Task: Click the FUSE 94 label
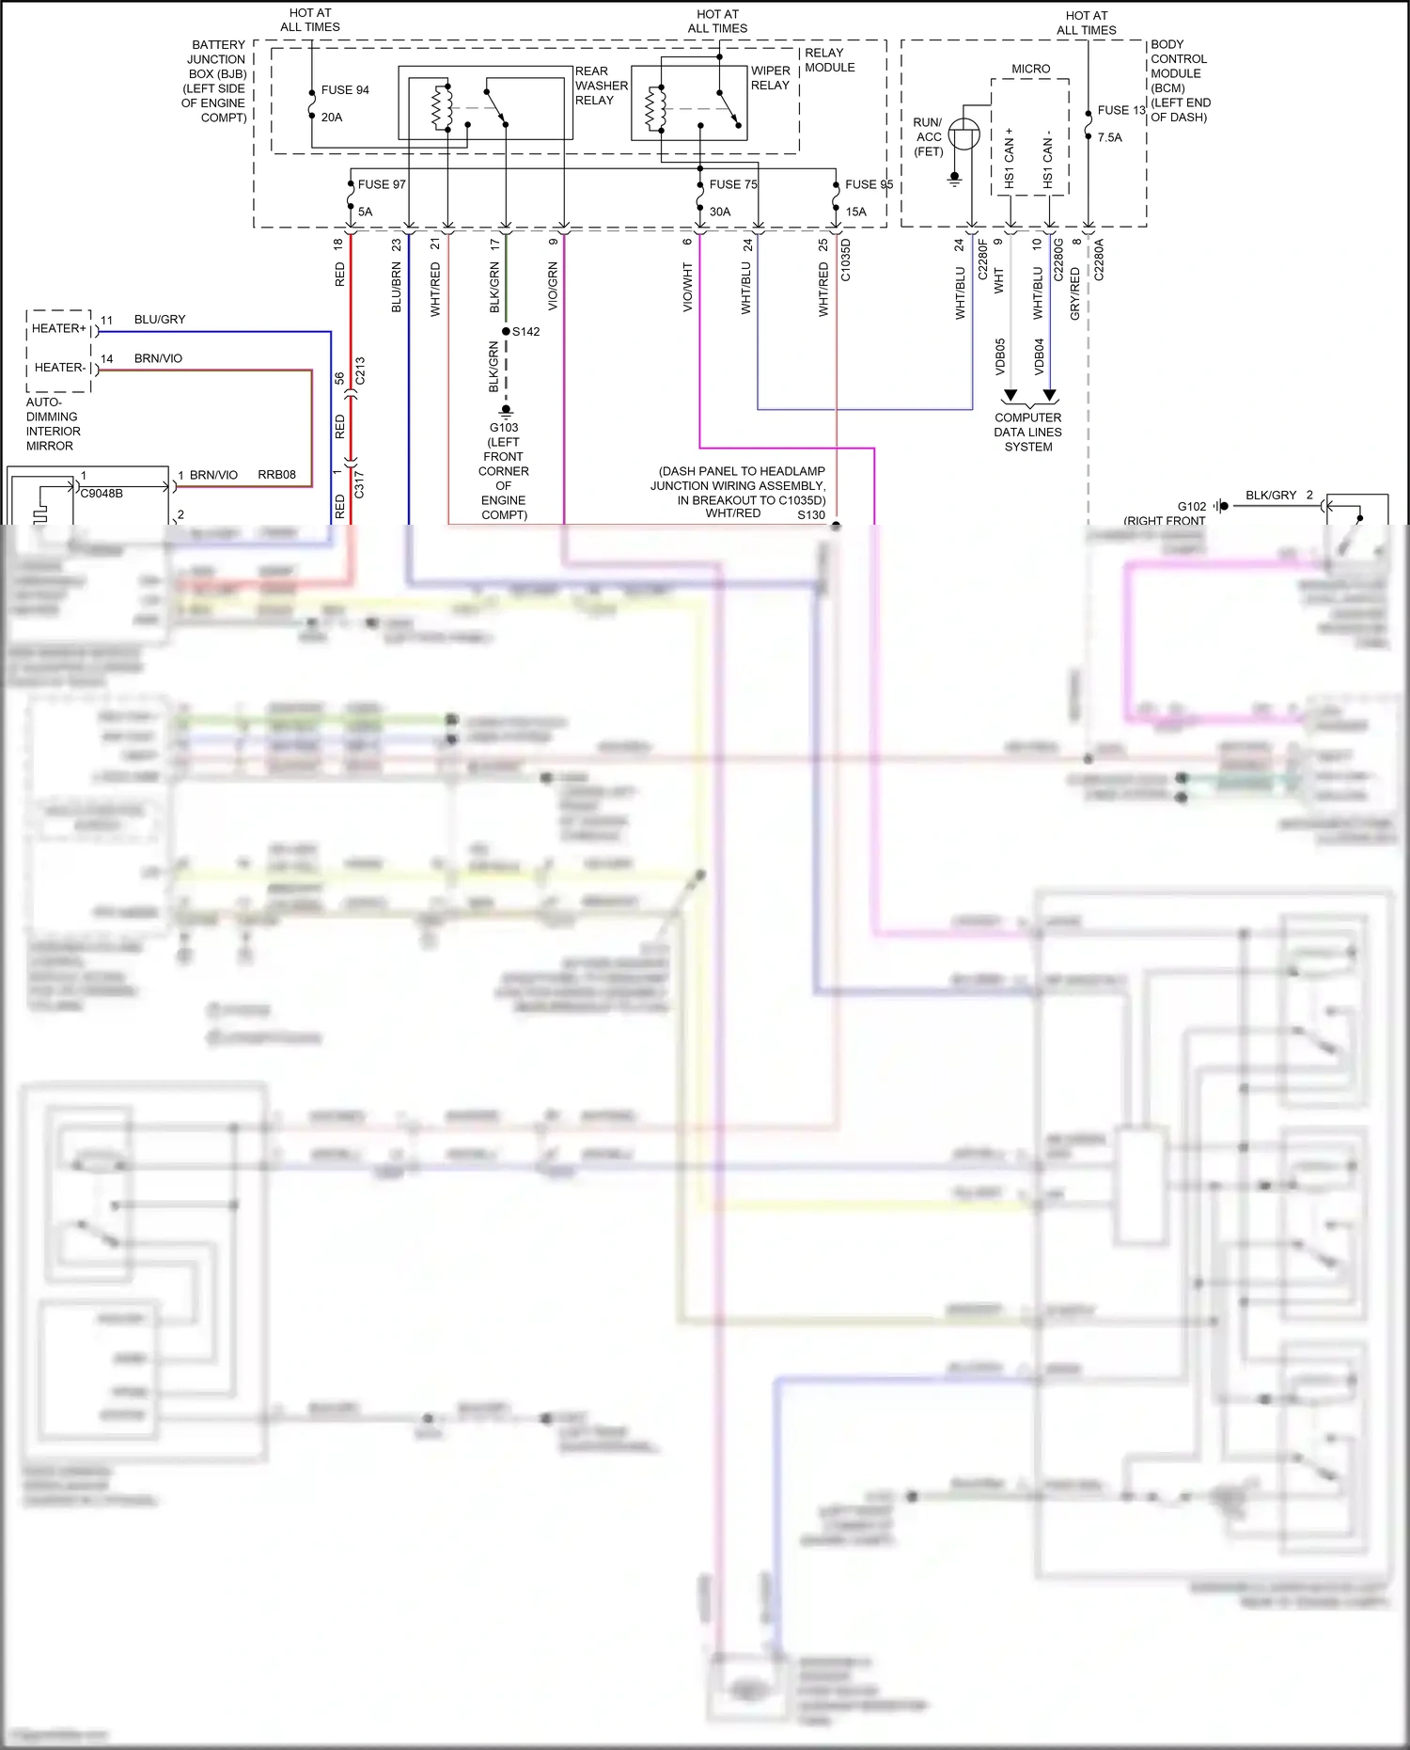tap(344, 90)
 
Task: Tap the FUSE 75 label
tap(732, 184)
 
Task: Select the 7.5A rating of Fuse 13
tap(1109, 137)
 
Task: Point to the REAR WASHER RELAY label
tap(601, 86)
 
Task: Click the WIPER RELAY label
tap(770, 78)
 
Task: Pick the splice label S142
tap(525, 332)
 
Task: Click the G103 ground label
tap(504, 428)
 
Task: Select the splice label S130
tap(810, 515)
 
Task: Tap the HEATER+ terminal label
tap(58, 328)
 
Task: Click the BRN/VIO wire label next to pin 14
tap(158, 358)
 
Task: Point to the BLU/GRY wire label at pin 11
tap(160, 320)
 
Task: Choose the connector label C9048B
tap(102, 493)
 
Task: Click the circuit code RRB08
tap(276, 475)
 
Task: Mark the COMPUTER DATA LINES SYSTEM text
tap(1027, 433)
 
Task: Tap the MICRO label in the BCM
tap(1030, 69)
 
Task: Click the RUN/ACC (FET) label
tap(928, 137)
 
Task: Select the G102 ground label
tap(1191, 506)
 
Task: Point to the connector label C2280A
tap(1099, 260)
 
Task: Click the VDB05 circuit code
tap(1000, 356)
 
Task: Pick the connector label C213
tap(360, 370)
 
